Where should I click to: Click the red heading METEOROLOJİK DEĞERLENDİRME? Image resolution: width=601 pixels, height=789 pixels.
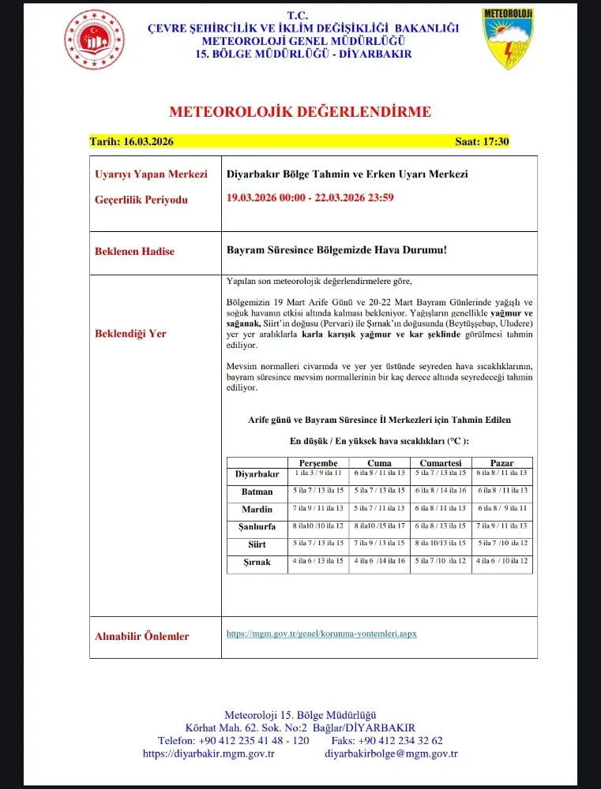click(x=300, y=111)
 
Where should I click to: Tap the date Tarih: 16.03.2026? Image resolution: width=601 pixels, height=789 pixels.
click(x=131, y=142)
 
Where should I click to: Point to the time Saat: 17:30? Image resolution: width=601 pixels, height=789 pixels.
click(x=482, y=142)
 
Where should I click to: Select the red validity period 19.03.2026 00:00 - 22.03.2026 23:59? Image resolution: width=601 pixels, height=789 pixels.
click(x=310, y=197)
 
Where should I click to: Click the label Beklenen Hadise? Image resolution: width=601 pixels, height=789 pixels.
click(x=134, y=252)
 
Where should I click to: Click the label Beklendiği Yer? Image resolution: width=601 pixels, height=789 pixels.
click(x=130, y=334)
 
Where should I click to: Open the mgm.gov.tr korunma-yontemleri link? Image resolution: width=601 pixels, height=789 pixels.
click(x=321, y=634)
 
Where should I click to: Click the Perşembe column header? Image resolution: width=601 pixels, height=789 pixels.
click(x=318, y=463)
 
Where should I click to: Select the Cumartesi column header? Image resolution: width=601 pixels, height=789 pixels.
click(x=441, y=463)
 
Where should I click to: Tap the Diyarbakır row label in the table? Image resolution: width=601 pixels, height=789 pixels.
click(x=257, y=474)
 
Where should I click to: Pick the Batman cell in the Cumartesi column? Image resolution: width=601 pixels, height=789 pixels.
click(x=440, y=491)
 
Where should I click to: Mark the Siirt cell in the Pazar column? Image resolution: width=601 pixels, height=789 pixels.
click(x=502, y=544)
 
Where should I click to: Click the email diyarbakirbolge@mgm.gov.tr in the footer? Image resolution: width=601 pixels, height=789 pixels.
click(x=391, y=753)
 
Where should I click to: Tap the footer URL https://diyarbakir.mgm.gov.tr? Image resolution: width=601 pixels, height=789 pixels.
click(x=208, y=753)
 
